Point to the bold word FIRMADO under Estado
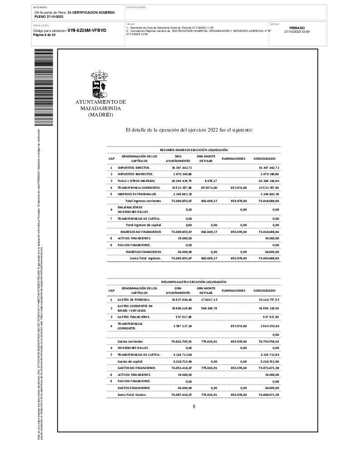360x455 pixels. click(297, 28)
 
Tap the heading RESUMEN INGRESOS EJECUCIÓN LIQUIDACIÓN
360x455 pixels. click(194, 150)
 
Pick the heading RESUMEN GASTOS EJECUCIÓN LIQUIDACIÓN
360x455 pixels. click(194, 282)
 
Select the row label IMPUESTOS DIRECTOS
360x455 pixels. click(136, 168)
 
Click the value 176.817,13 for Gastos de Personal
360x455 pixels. click(209, 300)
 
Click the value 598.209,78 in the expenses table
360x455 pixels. click(209, 308)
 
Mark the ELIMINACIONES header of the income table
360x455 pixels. click(233, 159)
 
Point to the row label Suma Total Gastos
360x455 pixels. click(132, 395)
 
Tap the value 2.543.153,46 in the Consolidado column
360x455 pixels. click(266, 326)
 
